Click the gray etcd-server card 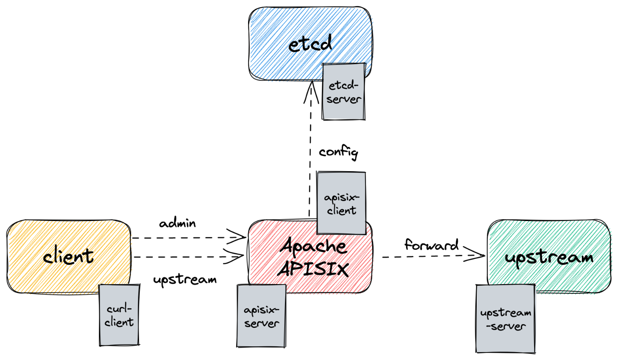[344, 91]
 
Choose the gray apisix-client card [341, 203]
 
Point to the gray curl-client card [119, 315]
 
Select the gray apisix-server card [262, 316]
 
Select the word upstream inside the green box [549, 258]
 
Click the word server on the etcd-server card [344, 99]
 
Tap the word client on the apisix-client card [341, 210]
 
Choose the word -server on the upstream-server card [506, 327]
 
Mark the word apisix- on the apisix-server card [262, 310]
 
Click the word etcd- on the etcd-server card [344, 85]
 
